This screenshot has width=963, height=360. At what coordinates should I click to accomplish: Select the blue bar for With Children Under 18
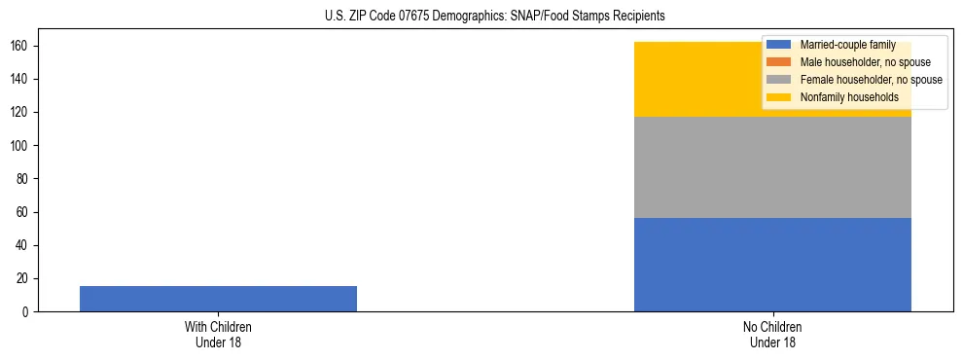(218, 299)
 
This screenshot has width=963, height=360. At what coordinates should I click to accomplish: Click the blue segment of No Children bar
(772, 265)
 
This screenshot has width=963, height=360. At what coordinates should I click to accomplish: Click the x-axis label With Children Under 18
(218, 334)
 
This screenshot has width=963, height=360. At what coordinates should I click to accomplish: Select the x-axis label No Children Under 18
(772, 334)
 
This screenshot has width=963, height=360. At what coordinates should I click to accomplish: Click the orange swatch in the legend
(779, 62)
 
